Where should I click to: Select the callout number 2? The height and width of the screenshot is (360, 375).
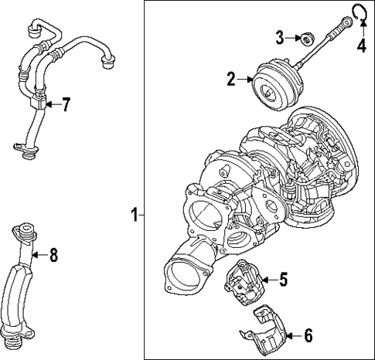[230, 78]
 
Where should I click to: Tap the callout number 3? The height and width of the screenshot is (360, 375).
[282, 37]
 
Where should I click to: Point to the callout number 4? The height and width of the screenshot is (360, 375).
[360, 46]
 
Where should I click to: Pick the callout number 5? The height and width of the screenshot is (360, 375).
[283, 279]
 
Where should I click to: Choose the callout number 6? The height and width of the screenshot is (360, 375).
[308, 335]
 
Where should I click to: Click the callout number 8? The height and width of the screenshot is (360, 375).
[53, 254]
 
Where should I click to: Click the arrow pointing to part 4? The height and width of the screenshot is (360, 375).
[360, 25]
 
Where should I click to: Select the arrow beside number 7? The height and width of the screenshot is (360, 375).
[49, 104]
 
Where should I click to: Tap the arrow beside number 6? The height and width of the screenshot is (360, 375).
[291, 335]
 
